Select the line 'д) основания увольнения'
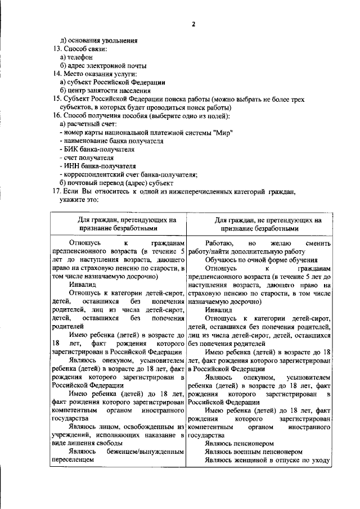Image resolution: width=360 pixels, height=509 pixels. point(99,41)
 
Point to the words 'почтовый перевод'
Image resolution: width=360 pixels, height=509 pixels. point(96,183)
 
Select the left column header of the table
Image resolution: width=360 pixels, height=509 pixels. point(118,225)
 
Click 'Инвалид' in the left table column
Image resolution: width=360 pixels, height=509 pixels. point(81,285)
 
